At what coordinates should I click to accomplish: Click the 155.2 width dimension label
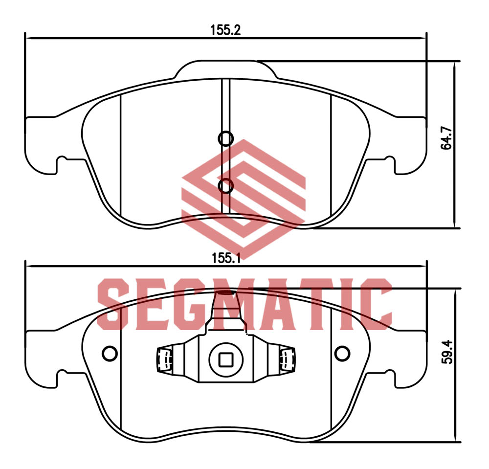[x=226, y=30]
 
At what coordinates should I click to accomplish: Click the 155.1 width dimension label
[x=226, y=258]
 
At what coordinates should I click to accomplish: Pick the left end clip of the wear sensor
[x=164, y=359]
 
